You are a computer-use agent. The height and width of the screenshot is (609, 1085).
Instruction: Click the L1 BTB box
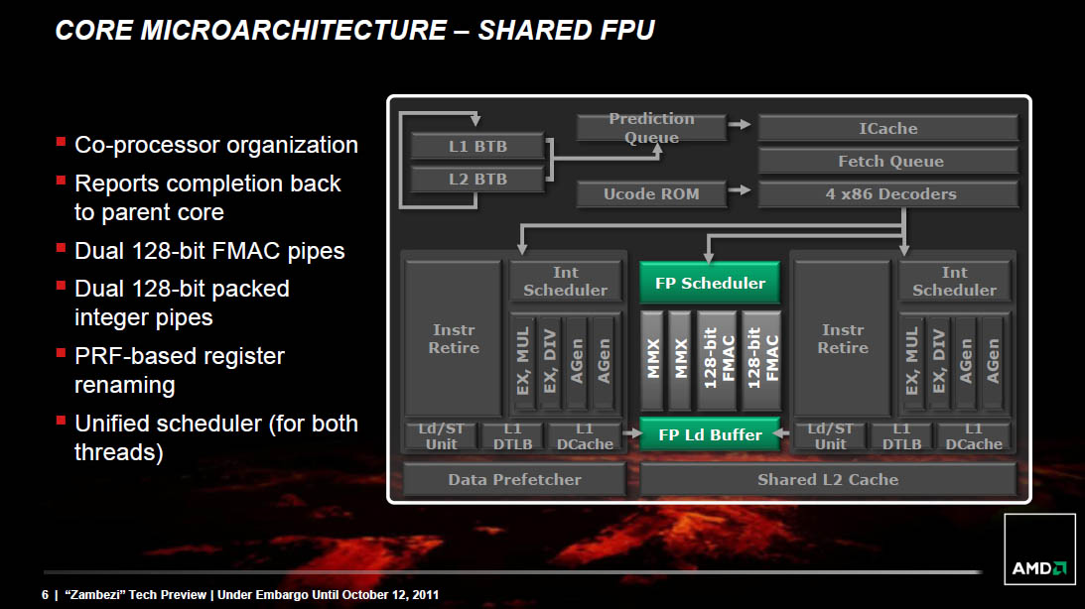pyautogui.click(x=477, y=147)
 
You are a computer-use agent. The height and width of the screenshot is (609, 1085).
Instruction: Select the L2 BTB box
pyautogui.click(x=477, y=180)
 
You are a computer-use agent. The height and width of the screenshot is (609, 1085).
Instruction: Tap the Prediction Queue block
pyautogui.click(x=651, y=128)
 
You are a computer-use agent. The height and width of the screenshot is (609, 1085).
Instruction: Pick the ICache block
pyautogui.click(x=887, y=128)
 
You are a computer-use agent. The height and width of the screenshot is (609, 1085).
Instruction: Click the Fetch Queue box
pyautogui.click(x=887, y=161)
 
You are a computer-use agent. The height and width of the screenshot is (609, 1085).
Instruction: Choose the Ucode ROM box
pyautogui.click(x=651, y=194)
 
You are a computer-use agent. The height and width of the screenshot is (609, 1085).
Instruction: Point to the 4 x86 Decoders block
pyautogui.click(x=887, y=194)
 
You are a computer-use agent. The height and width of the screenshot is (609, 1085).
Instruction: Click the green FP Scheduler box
pyautogui.click(x=710, y=283)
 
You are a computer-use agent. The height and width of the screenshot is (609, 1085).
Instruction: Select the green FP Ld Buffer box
pyautogui.click(x=710, y=434)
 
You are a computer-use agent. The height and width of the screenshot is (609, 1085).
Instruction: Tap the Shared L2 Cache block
pyautogui.click(x=828, y=479)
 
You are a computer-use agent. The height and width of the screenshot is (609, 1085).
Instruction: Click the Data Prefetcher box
pyautogui.click(x=513, y=479)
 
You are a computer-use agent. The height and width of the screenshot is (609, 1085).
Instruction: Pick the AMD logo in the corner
pyautogui.click(x=1039, y=568)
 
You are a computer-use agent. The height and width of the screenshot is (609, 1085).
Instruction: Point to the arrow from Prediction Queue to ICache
pyautogui.click(x=740, y=125)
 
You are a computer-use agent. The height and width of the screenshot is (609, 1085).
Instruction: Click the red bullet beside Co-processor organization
pyautogui.click(x=62, y=144)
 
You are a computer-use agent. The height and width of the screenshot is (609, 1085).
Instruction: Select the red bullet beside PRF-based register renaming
pyautogui.click(x=62, y=354)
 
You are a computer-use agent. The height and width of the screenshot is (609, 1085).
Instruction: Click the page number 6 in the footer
pyautogui.click(x=45, y=595)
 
